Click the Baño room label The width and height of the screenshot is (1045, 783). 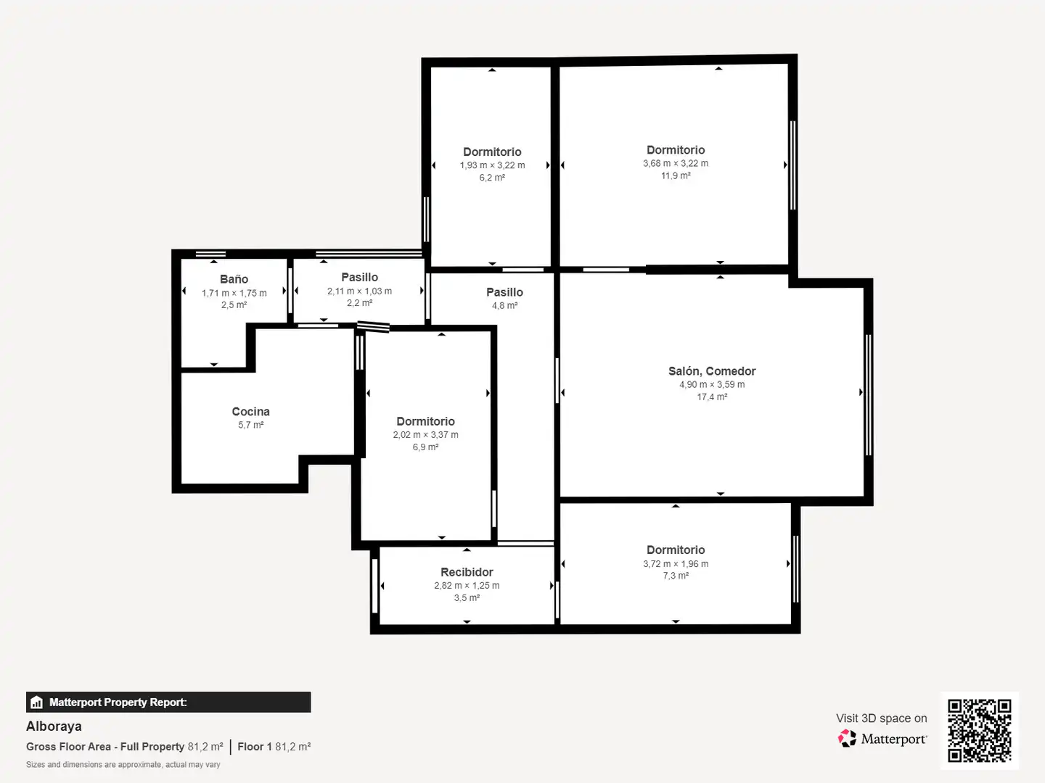coord(234,279)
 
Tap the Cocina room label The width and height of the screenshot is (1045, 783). coord(251,411)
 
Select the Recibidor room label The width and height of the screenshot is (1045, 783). coord(467,572)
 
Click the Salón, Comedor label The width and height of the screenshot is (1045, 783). coord(712,371)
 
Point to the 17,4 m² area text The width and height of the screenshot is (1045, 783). coord(712,397)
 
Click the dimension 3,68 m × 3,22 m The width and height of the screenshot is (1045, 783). coord(676,163)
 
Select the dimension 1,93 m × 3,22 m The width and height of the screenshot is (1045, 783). coord(492,165)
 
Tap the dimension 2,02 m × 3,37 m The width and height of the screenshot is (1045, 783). coord(425,434)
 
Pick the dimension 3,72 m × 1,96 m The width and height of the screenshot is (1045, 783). coord(676,563)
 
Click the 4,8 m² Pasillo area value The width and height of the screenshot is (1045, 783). coord(504,305)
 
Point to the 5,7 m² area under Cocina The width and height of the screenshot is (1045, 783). coord(251,425)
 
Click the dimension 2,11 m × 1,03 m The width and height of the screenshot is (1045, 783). coord(359,291)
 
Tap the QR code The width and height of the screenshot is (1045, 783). coord(979,730)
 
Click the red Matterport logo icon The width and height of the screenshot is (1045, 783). coord(847,738)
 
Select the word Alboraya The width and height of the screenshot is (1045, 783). coord(54,726)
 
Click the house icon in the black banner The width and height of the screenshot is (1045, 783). coord(37,703)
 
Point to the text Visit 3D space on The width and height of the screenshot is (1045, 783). coord(881,718)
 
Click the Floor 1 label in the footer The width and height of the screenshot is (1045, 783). coord(255,747)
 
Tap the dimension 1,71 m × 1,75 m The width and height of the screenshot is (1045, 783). coord(234,293)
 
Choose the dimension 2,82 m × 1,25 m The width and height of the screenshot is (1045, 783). coord(467,585)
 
